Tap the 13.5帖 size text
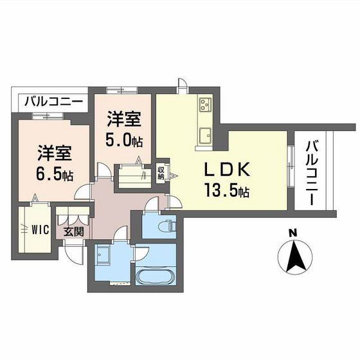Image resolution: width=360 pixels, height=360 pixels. tap(227, 191)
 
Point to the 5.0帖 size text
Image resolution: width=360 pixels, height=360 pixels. tap(123, 139)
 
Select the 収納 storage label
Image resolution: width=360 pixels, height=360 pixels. tap(161, 172)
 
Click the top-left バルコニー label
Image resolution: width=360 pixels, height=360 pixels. tap(53, 102)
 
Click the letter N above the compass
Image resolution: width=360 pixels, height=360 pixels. tap(292, 233)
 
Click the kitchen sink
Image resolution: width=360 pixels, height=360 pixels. tap(206, 135)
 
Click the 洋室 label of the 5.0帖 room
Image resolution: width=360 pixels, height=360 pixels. tap(123, 120)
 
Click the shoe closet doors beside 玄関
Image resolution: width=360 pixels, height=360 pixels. tap(66, 214)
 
